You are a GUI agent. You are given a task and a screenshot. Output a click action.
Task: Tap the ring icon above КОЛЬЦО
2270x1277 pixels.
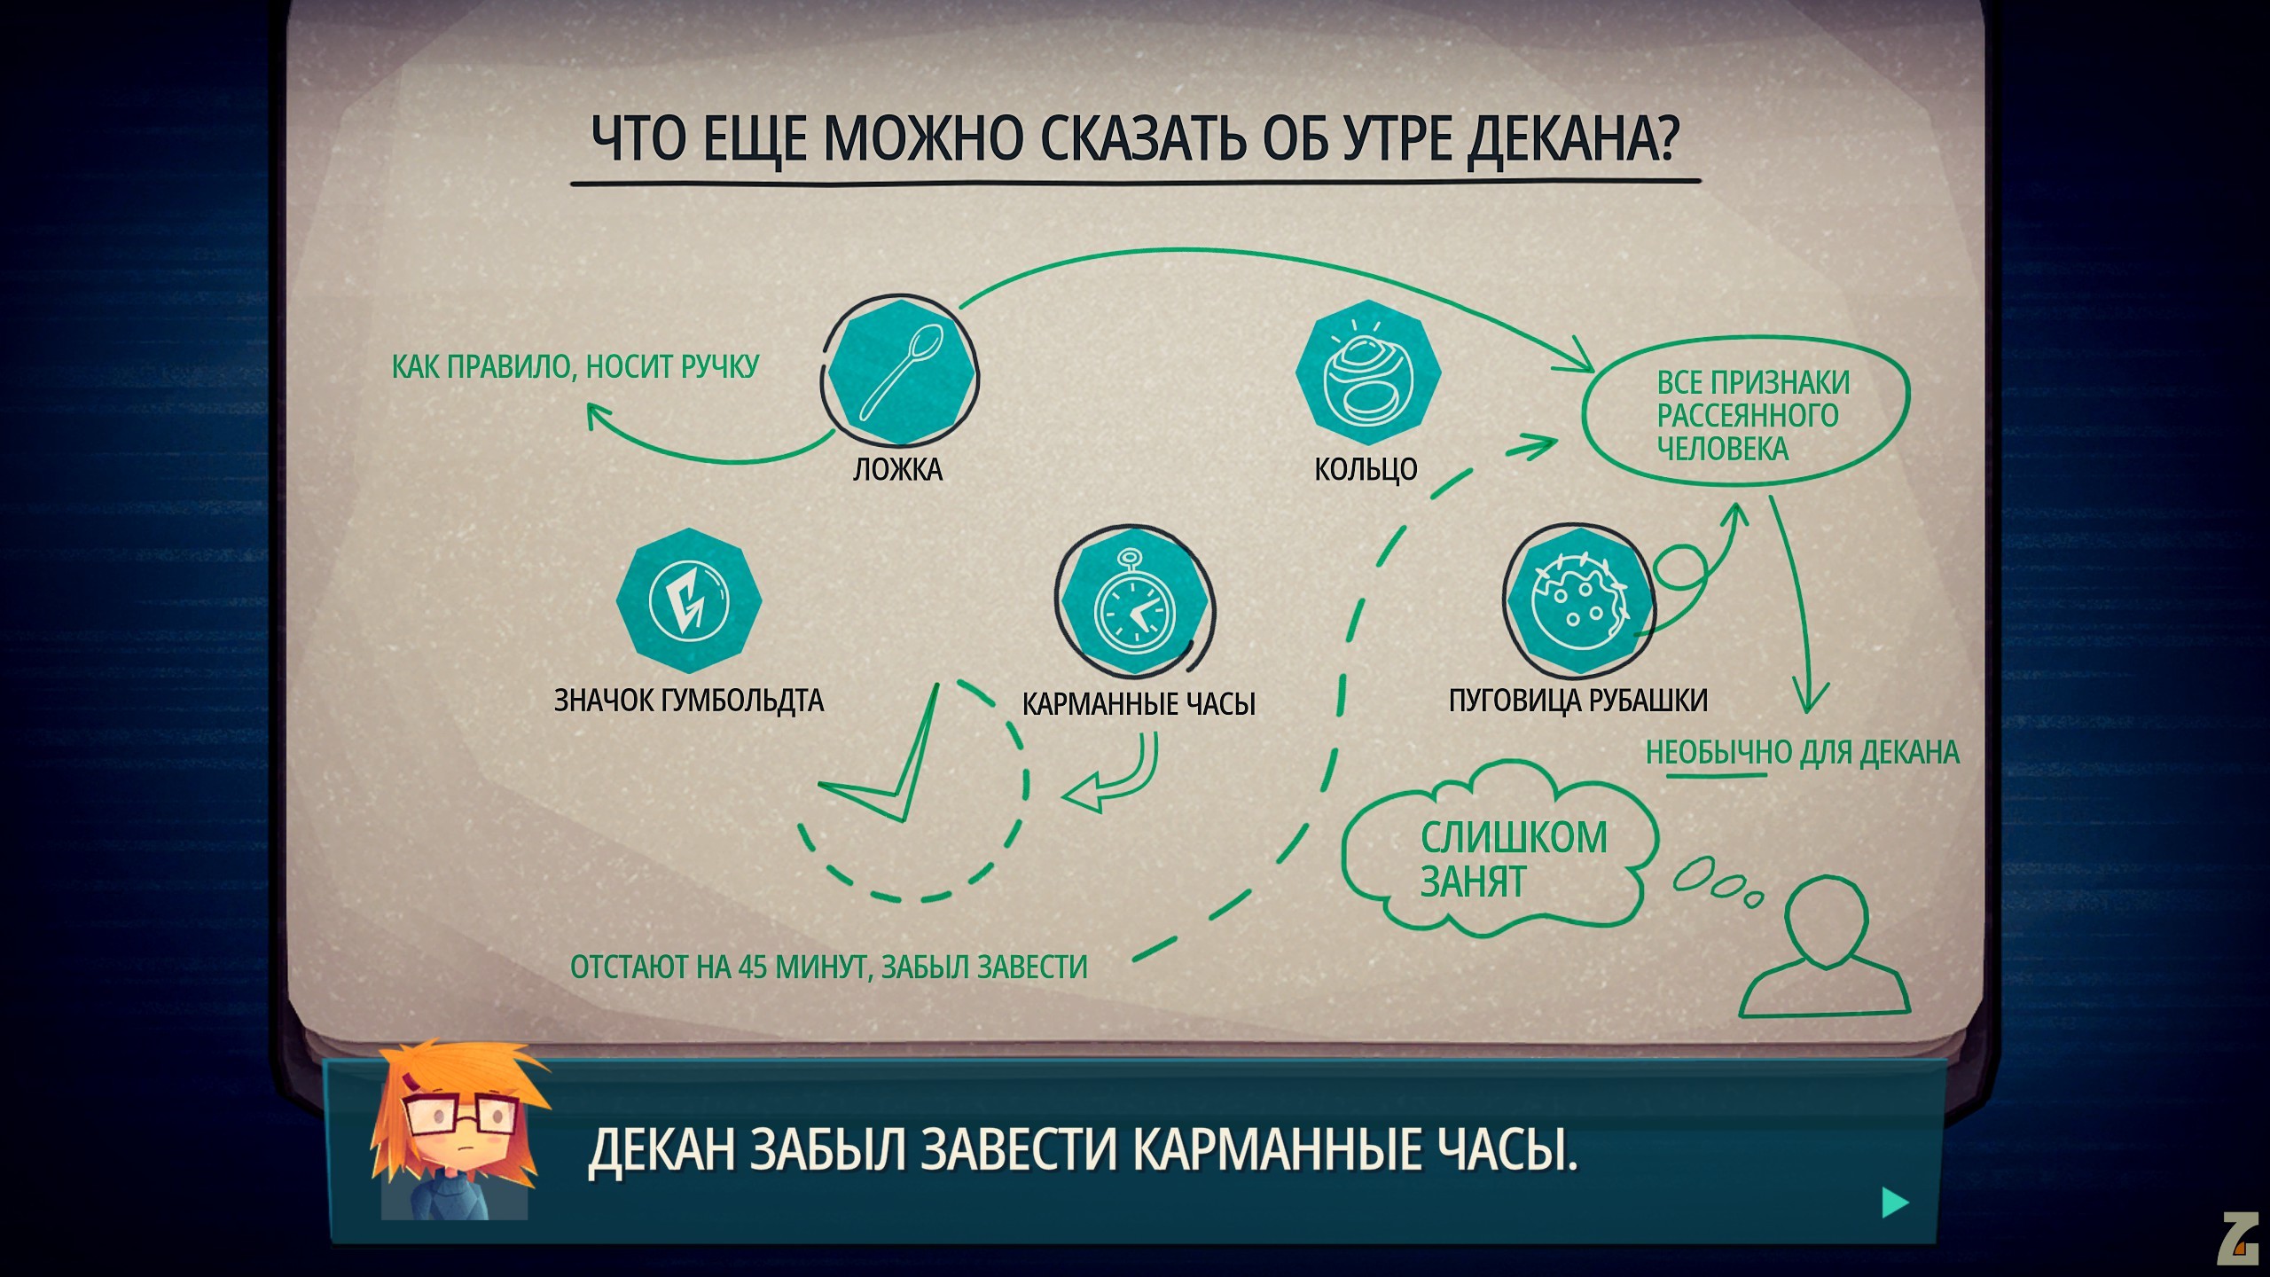[1367, 372]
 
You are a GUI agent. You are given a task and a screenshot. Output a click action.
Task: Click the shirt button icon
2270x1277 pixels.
[1579, 603]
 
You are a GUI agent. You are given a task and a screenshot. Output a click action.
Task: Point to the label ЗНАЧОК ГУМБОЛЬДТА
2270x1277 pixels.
[689, 701]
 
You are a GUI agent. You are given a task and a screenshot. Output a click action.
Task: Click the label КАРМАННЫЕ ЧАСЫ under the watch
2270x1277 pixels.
[1139, 704]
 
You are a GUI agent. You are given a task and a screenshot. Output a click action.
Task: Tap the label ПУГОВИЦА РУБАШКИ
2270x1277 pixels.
[1578, 701]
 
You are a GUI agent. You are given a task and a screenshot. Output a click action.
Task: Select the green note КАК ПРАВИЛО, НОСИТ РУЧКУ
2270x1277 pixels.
[575, 366]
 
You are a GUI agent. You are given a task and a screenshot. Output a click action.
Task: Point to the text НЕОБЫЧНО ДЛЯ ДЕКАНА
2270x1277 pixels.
[1803, 753]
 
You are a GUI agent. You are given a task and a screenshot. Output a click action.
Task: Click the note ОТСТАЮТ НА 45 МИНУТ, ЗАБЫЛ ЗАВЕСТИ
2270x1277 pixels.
[828, 967]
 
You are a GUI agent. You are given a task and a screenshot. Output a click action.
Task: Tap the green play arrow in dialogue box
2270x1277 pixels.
[1895, 1203]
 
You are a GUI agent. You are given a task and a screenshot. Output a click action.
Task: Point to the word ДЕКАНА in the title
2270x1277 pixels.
[1570, 138]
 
